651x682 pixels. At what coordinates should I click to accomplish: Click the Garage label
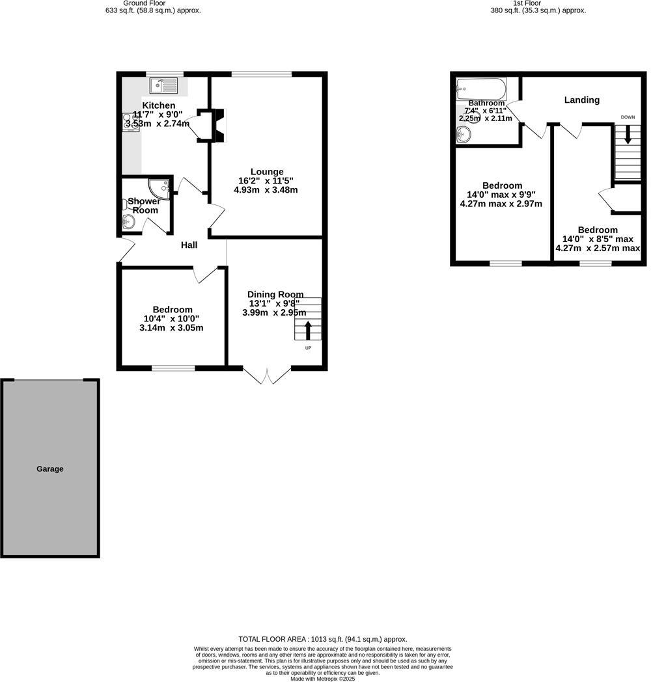(49, 469)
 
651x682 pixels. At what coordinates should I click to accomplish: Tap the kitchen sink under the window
(163, 85)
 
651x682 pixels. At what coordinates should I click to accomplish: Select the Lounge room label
(267, 172)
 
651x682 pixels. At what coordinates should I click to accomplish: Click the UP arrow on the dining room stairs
(308, 329)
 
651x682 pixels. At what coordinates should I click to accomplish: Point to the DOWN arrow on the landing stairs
(628, 135)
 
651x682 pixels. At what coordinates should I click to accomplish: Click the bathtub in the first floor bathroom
(481, 88)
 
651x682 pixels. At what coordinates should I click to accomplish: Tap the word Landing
(581, 100)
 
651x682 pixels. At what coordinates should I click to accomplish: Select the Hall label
(189, 245)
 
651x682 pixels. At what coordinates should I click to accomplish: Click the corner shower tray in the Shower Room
(159, 187)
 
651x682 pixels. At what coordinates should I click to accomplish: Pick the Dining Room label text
(276, 294)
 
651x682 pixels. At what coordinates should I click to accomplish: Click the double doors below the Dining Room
(267, 376)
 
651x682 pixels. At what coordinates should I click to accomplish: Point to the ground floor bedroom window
(173, 368)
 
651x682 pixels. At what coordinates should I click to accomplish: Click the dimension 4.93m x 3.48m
(266, 190)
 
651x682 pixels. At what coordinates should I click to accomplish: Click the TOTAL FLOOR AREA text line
(323, 639)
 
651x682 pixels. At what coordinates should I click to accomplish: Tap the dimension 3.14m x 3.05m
(171, 328)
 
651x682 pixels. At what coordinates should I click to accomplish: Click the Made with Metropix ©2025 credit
(323, 679)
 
